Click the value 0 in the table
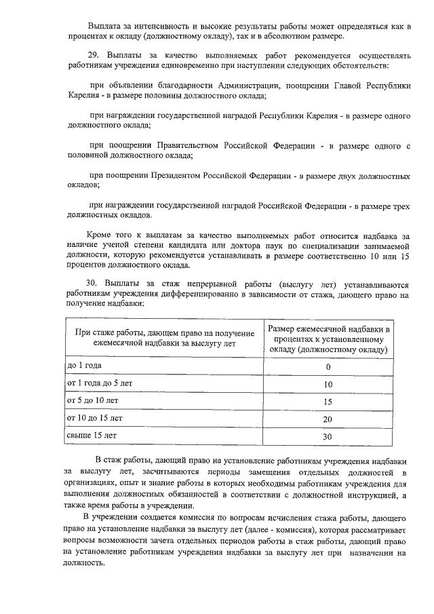pyautogui.click(x=328, y=367)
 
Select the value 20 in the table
pyautogui.click(x=328, y=419)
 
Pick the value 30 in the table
pyautogui.click(x=328, y=437)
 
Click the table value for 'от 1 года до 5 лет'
pyautogui.click(x=328, y=385)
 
